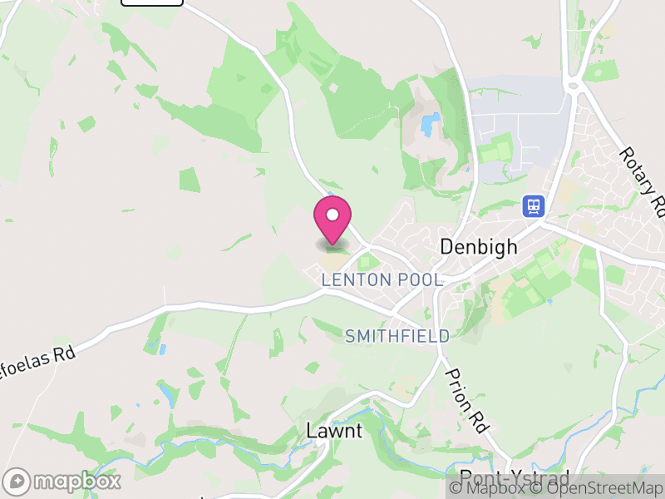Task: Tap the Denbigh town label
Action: pos(478,247)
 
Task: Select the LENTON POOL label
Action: pos(382,280)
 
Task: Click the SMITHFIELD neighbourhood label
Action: pos(397,336)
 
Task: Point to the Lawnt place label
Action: pos(334,431)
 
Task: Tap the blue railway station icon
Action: pos(532,205)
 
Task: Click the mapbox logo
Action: pos(63,481)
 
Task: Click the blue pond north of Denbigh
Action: pos(429,126)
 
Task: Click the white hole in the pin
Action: pos(332,215)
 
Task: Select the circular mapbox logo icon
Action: pos(16,481)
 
